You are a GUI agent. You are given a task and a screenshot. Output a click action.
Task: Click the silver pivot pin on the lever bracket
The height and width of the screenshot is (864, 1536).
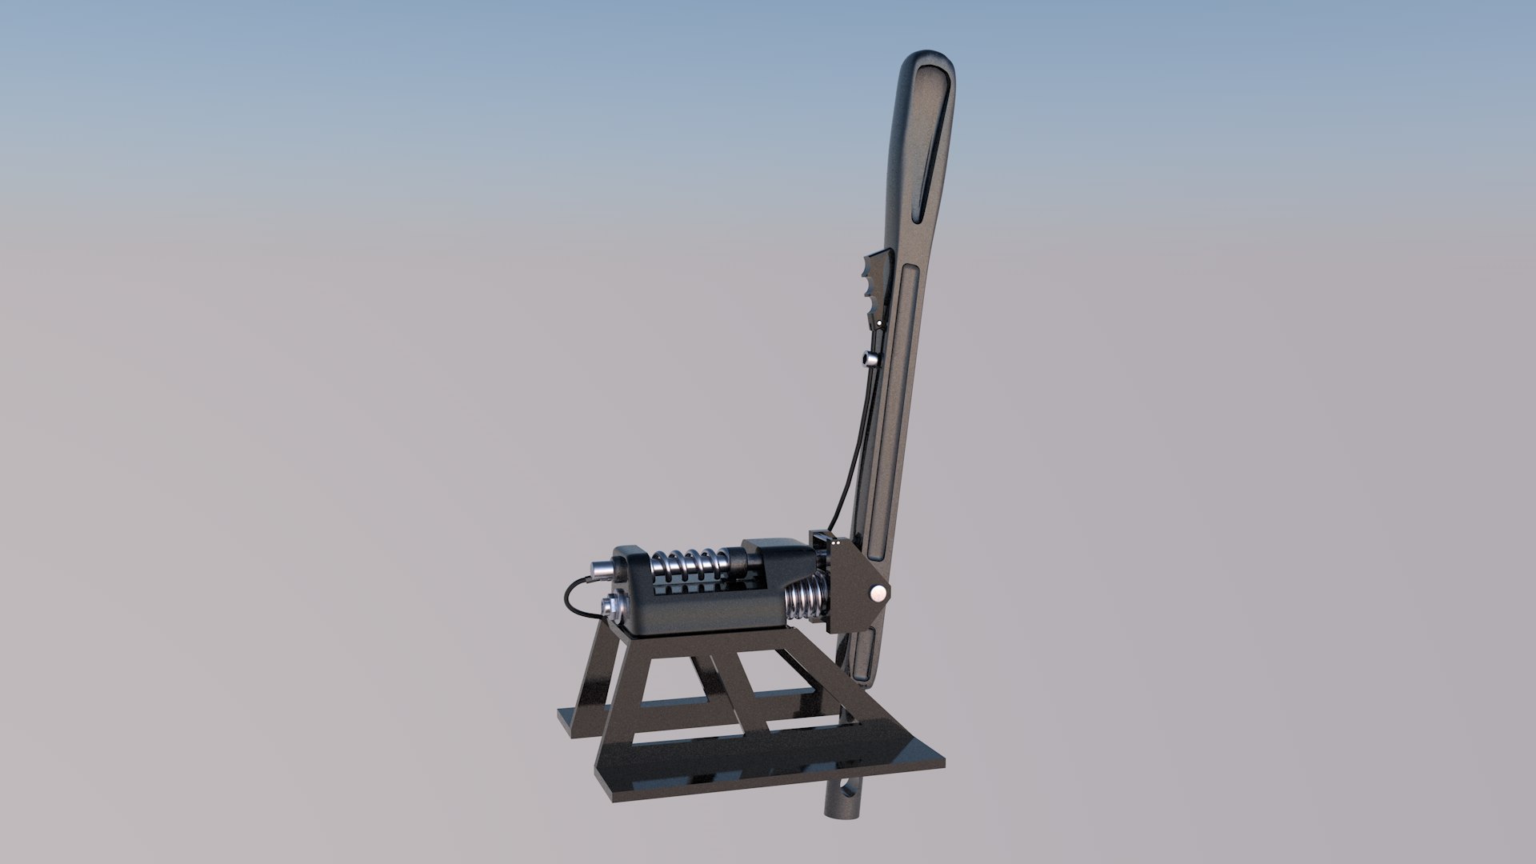pos(878,593)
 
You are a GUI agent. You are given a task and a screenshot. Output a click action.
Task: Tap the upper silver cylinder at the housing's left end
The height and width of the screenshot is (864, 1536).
pos(602,570)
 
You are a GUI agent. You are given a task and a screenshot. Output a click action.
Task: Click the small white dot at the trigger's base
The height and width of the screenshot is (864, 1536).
pos(879,323)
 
